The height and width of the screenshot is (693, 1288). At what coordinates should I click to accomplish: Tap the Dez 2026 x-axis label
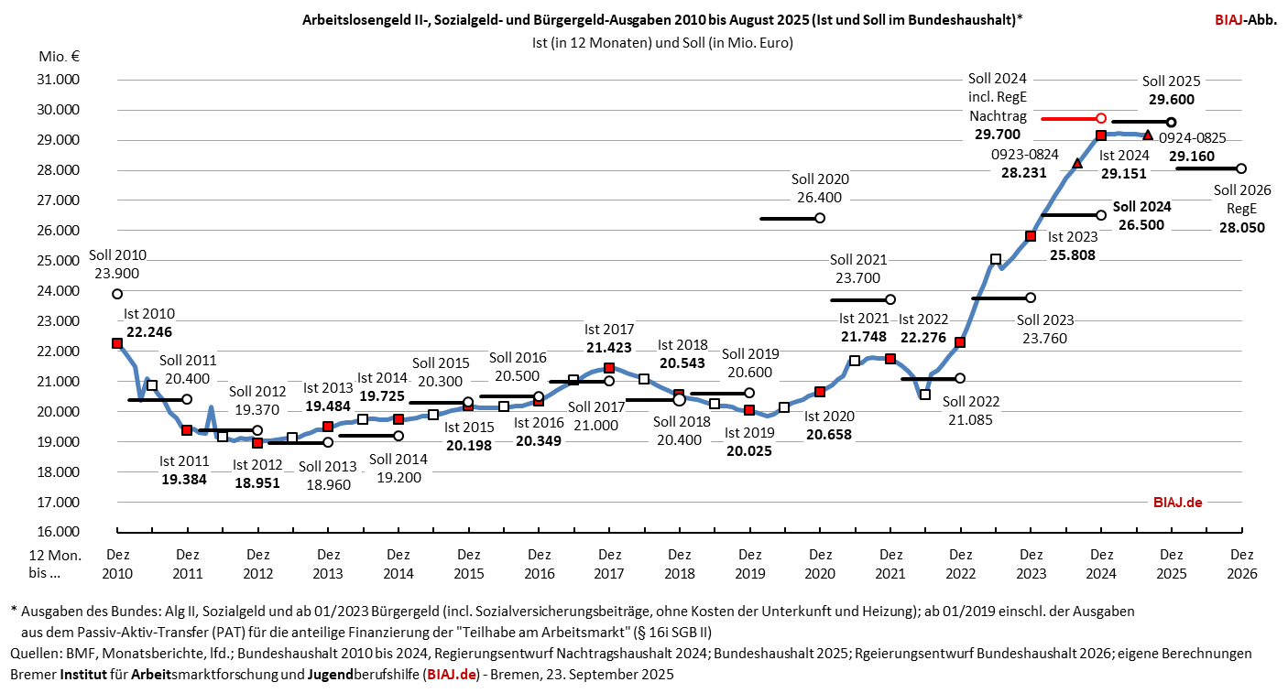1241,563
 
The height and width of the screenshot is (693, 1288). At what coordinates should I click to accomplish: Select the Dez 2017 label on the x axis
608,563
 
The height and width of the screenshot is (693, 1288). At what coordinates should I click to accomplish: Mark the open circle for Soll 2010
117,294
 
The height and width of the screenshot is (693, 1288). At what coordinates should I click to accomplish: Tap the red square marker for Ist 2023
1031,236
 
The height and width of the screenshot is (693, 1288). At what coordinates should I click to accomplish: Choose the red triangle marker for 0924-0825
1149,135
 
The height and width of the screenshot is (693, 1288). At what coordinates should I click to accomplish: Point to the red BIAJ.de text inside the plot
1176,502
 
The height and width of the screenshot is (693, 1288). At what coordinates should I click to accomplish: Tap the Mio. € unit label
60,57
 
